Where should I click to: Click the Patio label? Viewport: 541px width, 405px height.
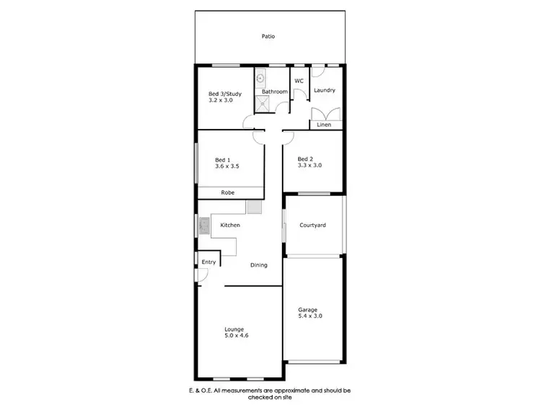268,36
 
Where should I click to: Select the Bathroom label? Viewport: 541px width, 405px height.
275,92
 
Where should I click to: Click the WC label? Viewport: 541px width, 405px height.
298,81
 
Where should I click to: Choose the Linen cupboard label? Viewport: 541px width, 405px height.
324,125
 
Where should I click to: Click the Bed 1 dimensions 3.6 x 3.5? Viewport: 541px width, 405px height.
226,166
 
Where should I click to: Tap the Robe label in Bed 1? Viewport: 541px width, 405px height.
227,192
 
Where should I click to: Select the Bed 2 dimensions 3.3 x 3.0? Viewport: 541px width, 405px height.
309,165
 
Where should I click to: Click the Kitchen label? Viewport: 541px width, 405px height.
230,226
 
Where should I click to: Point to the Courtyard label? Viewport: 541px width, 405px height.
312,225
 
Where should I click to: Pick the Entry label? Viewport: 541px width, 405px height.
208,262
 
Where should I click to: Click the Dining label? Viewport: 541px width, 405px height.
258,265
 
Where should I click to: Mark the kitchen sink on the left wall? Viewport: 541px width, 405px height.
203,228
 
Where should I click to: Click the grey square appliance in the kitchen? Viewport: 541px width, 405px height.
254,208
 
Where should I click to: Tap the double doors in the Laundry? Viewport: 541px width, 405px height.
323,114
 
